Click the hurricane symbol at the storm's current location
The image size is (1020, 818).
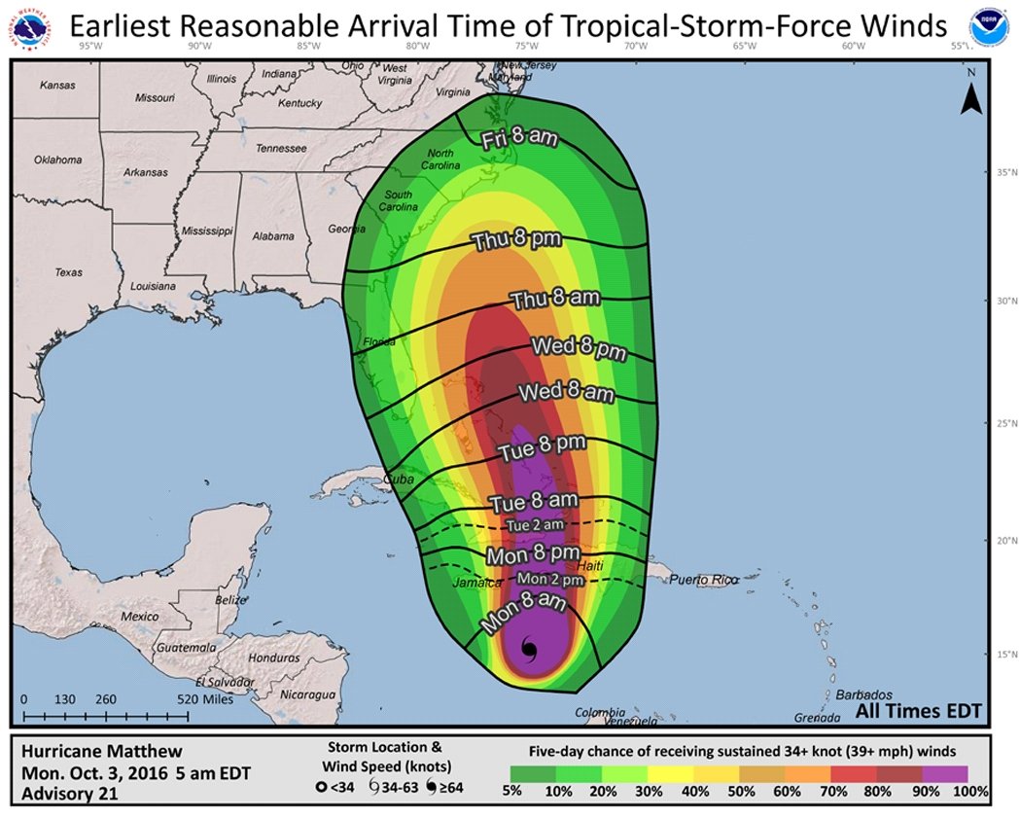coord(530,649)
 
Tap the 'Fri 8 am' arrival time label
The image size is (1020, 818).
coord(520,139)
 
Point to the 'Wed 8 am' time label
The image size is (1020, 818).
coord(566,393)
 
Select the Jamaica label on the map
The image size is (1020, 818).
coord(476,583)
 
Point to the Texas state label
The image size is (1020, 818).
coord(69,272)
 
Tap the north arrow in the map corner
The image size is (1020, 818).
coord(969,92)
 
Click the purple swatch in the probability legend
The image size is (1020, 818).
coord(943,774)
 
